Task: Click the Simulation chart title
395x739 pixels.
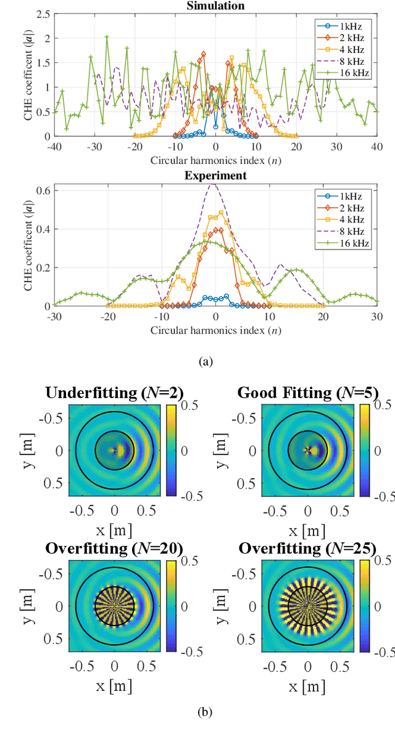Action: pos(215,6)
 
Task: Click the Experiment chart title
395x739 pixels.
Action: pos(215,176)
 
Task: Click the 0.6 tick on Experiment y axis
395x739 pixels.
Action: pos(41,190)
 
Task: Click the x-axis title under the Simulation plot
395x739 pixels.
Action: pos(215,160)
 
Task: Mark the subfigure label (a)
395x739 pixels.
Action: pos(205,362)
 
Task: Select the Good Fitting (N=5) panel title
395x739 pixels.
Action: pos(308,393)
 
